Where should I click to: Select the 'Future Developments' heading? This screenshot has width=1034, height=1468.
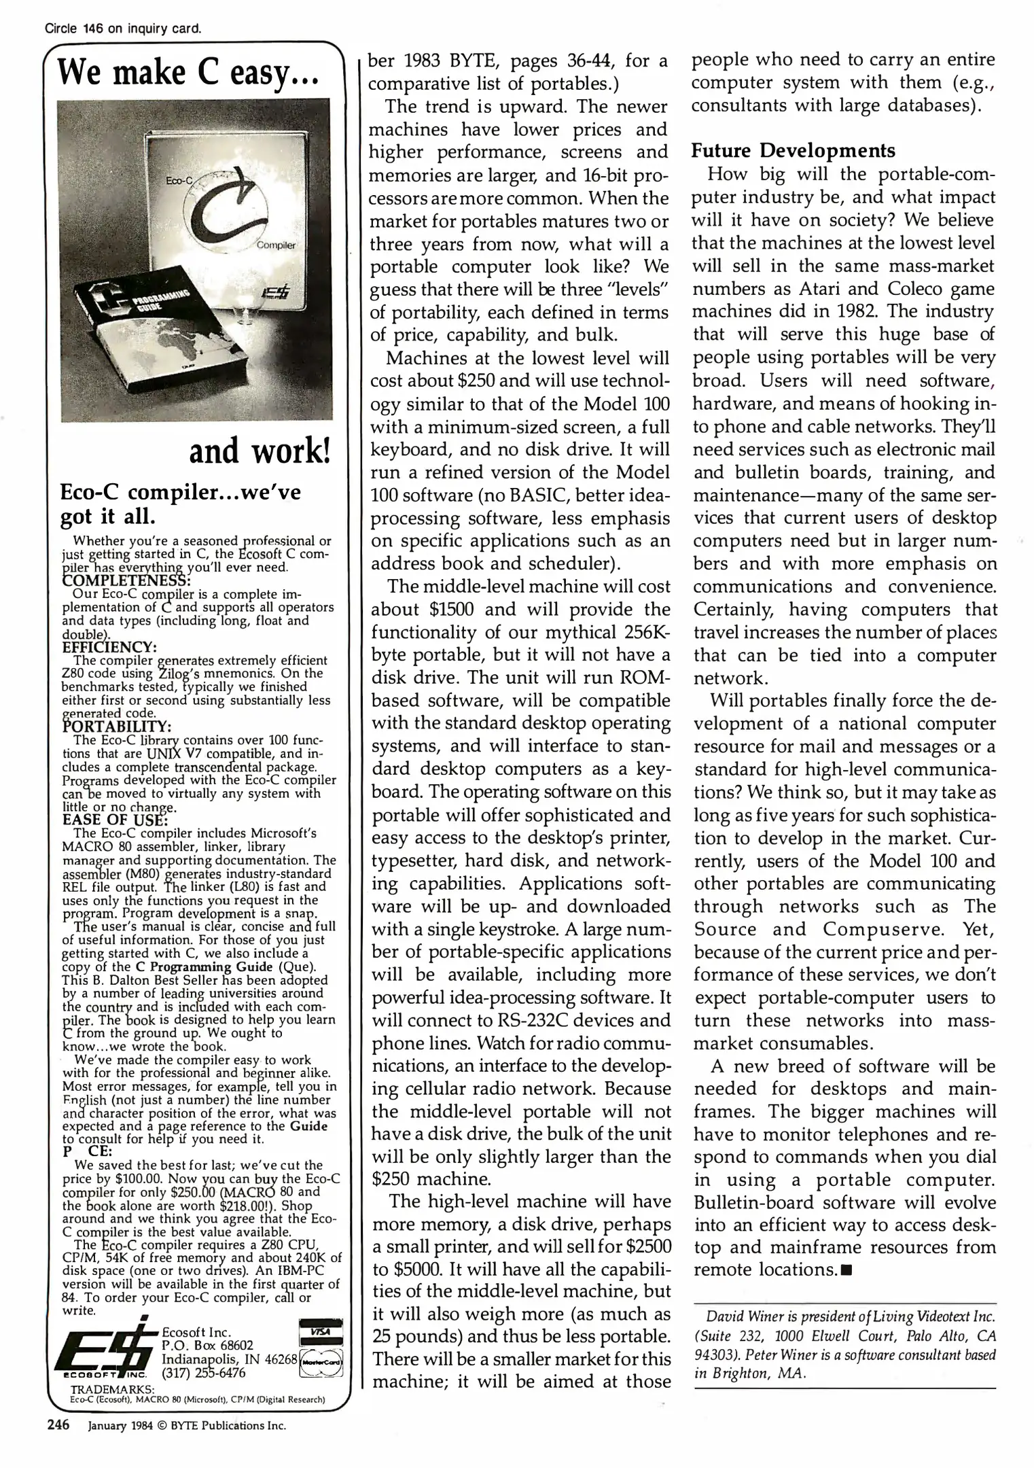point(793,150)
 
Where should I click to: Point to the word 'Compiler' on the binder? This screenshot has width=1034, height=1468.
point(276,245)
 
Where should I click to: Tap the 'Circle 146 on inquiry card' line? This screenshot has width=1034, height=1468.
point(123,29)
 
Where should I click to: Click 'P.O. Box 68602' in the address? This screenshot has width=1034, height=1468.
point(207,1345)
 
